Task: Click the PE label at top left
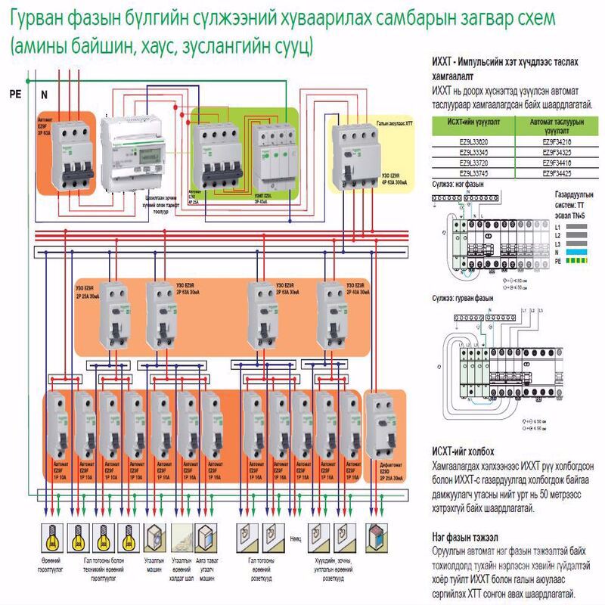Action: coord(14,95)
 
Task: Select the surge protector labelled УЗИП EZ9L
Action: coord(275,155)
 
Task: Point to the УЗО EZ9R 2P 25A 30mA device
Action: coord(115,313)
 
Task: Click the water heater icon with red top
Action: coord(376,538)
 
